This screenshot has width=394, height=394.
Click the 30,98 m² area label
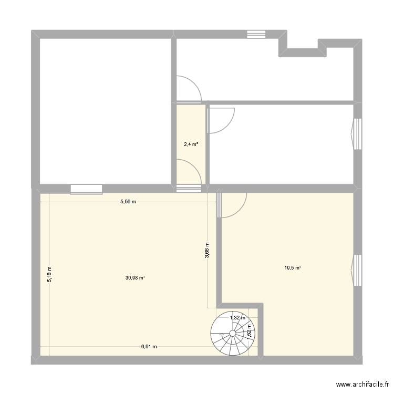point(135,278)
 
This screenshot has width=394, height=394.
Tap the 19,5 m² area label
point(293,268)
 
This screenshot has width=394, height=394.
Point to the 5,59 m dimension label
point(128,202)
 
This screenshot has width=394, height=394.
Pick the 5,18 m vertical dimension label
point(50,274)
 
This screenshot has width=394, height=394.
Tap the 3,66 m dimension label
point(207,250)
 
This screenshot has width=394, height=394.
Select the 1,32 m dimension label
point(237,317)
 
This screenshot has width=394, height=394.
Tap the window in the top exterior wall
point(257,34)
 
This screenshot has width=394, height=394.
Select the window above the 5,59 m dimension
point(86,189)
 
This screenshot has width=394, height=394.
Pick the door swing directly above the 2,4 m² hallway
point(188,88)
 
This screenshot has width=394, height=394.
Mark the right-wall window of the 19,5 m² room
point(357,270)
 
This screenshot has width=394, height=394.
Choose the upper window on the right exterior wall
point(357,134)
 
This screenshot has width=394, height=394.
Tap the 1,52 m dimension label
point(250,330)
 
